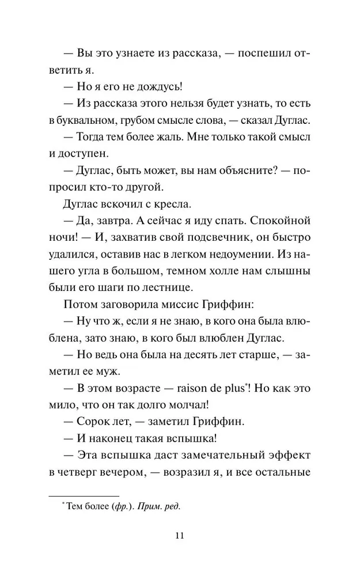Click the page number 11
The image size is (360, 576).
click(x=179, y=536)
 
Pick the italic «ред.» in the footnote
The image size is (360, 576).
click(x=172, y=507)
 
